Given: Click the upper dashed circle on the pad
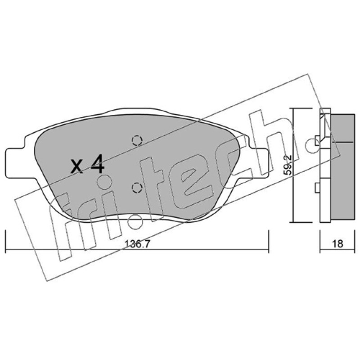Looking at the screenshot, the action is pos(137,140).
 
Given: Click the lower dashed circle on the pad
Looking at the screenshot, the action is pos(137,188).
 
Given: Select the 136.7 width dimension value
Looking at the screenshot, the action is pos(137,243).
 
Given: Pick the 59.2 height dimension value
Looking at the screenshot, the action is pos(288,165).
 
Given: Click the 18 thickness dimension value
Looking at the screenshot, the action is pos(337,243).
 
